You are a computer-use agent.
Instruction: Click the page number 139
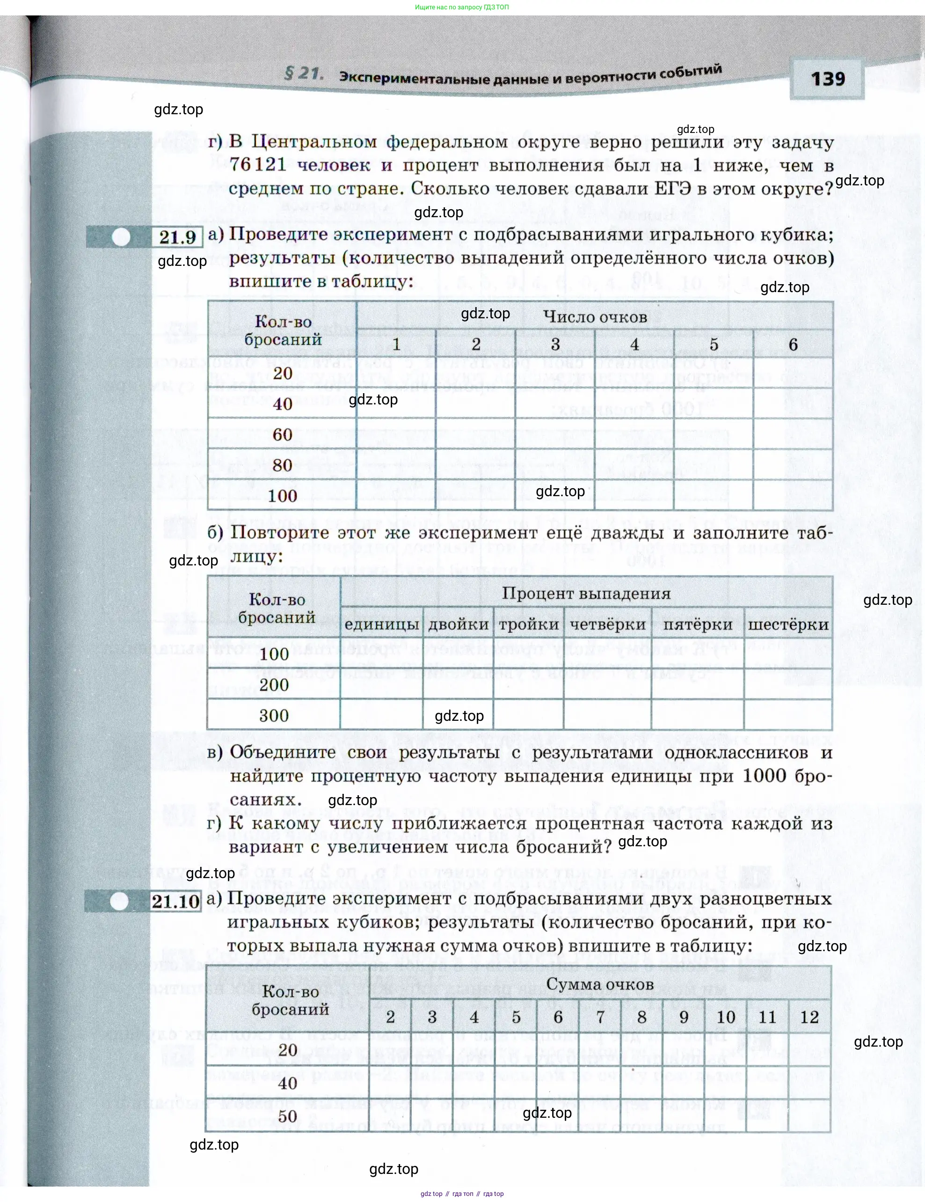[x=828, y=79]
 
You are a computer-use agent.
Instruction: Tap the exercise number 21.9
[x=177, y=237]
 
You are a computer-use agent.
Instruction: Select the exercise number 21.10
[x=175, y=901]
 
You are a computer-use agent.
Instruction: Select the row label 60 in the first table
[x=282, y=434]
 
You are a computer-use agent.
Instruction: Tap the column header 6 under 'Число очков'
[x=793, y=344]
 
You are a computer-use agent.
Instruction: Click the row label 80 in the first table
[x=282, y=465]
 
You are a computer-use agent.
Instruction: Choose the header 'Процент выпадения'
[x=586, y=594]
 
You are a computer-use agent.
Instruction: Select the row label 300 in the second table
[x=274, y=716]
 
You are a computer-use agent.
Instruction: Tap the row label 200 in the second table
[x=274, y=685]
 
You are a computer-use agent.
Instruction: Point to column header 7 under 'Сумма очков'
[x=600, y=1017]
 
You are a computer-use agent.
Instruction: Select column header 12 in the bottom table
[x=809, y=1017]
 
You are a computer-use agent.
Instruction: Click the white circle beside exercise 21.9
[x=121, y=237]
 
